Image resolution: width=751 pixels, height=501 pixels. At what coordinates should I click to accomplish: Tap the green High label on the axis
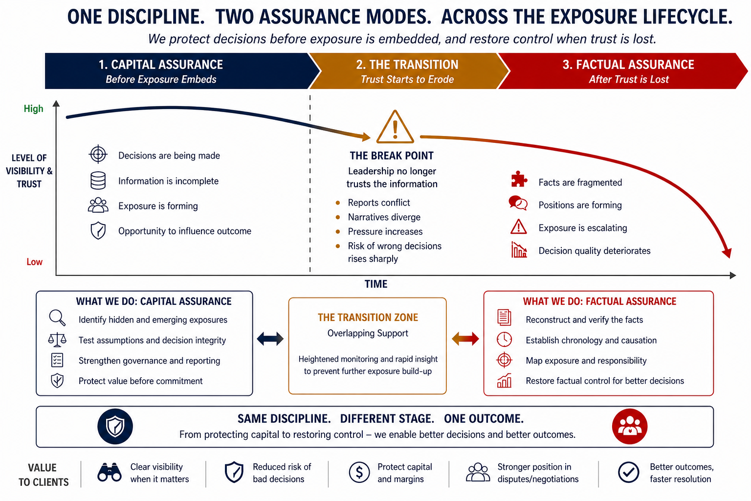pos(33,109)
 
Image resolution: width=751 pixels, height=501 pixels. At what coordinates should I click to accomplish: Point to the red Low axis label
pos(34,262)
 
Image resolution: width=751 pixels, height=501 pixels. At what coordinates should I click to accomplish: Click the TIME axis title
pos(375,284)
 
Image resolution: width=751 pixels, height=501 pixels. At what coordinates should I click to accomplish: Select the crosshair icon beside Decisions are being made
pos(98,154)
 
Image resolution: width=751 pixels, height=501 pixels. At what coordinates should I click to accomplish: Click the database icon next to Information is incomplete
pos(98,180)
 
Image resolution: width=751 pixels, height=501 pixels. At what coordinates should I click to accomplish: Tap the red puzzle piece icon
pos(518,180)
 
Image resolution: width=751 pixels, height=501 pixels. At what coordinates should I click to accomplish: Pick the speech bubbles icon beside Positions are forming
pos(518,203)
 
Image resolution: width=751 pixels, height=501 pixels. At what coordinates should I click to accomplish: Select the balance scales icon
pos(57,339)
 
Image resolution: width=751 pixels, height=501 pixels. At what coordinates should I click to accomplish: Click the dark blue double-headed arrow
pos(270,339)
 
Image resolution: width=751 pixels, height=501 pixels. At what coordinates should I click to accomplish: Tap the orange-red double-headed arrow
pos(465,339)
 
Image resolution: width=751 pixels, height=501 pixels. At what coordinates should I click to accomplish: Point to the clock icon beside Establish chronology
pos(504,339)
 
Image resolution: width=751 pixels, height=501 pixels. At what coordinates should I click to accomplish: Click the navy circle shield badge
pos(115,426)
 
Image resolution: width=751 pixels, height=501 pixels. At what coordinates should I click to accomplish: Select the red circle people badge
pos(630,426)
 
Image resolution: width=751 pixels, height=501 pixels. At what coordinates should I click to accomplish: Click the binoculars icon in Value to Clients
pos(110,472)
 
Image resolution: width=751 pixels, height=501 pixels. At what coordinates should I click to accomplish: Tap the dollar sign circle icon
pos(359,473)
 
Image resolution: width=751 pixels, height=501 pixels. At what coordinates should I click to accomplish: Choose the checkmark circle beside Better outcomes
pos(628,472)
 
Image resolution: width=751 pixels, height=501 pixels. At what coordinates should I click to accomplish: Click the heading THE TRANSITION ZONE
pos(368,318)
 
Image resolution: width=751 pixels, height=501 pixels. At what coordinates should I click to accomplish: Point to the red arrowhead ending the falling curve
pos(727,252)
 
